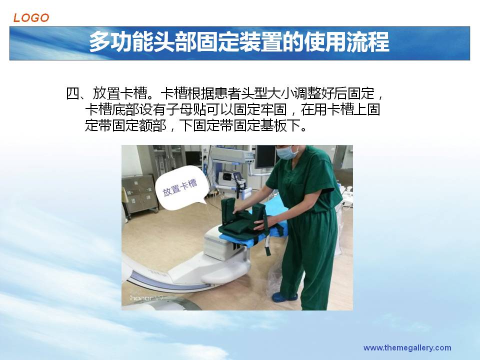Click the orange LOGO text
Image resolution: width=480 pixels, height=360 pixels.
click(x=31, y=18)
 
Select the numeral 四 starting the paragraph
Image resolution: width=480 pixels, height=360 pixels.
click(x=72, y=93)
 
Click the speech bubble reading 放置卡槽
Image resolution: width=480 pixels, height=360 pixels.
click(x=180, y=187)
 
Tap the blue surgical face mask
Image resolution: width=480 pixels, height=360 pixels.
click(x=287, y=152)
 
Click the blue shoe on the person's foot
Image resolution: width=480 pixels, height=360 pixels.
click(x=284, y=296)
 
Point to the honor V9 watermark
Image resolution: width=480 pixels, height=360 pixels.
click(x=146, y=297)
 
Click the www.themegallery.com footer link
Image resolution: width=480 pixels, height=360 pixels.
click(x=407, y=348)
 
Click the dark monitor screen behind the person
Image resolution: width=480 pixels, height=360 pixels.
click(x=265, y=156)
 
